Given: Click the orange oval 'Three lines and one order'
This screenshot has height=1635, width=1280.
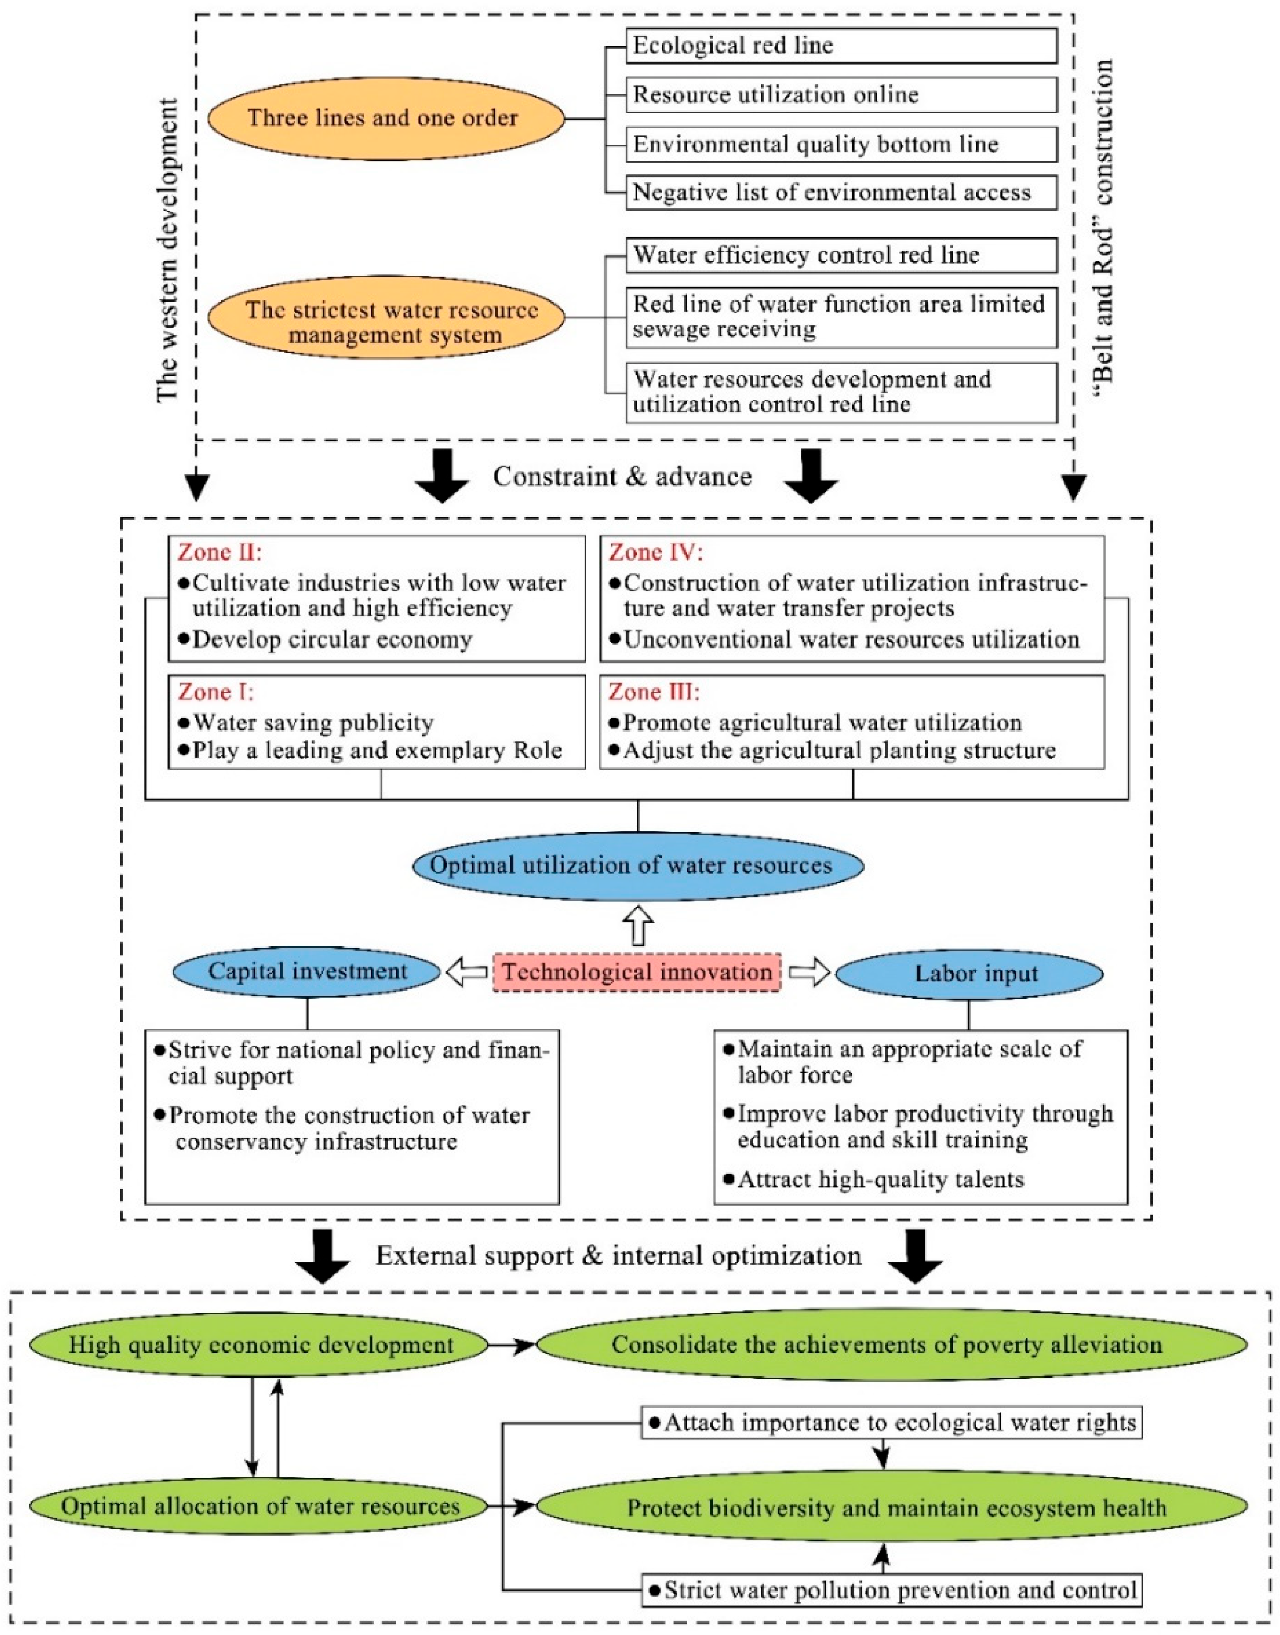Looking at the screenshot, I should click(385, 118).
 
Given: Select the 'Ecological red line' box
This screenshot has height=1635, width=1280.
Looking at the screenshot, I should click(841, 46).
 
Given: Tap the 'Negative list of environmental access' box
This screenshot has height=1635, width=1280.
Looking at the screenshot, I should click(841, 193).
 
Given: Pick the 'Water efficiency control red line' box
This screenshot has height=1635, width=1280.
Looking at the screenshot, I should click(841, 255).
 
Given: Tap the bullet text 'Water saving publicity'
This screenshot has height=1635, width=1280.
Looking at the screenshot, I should click(313, 722).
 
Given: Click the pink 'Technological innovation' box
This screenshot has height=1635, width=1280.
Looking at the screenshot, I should click(636, 973).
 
